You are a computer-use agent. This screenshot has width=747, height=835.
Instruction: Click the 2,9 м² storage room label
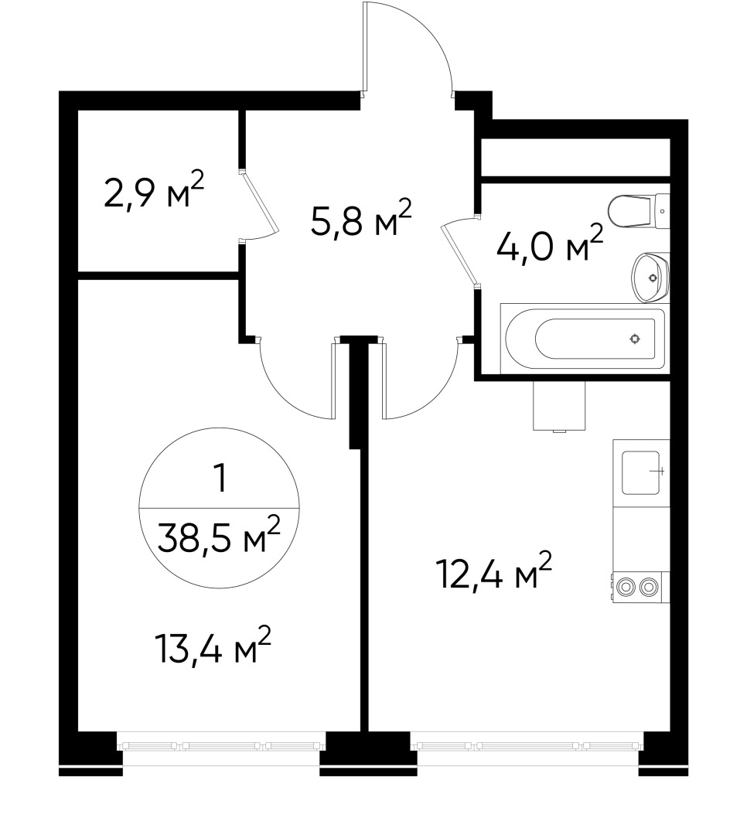[154, 193]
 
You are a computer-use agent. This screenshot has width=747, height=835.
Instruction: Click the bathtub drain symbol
[635, 338]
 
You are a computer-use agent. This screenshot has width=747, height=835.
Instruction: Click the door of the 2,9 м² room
[259, 204]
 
